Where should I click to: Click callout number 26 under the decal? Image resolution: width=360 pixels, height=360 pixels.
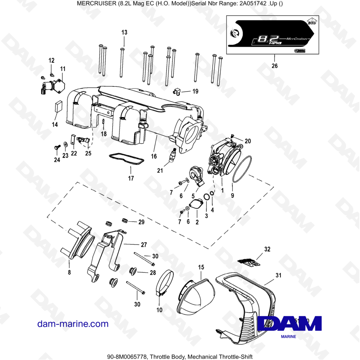[275, 66]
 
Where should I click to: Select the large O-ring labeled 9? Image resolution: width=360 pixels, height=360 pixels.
[242, 169]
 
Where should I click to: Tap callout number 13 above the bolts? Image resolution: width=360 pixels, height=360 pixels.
[124, 32]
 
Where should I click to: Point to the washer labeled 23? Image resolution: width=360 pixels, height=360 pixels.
[65, 144]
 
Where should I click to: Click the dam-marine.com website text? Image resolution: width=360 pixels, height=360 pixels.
[73, 324]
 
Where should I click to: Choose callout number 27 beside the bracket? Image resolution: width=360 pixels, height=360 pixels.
[144, 245]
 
